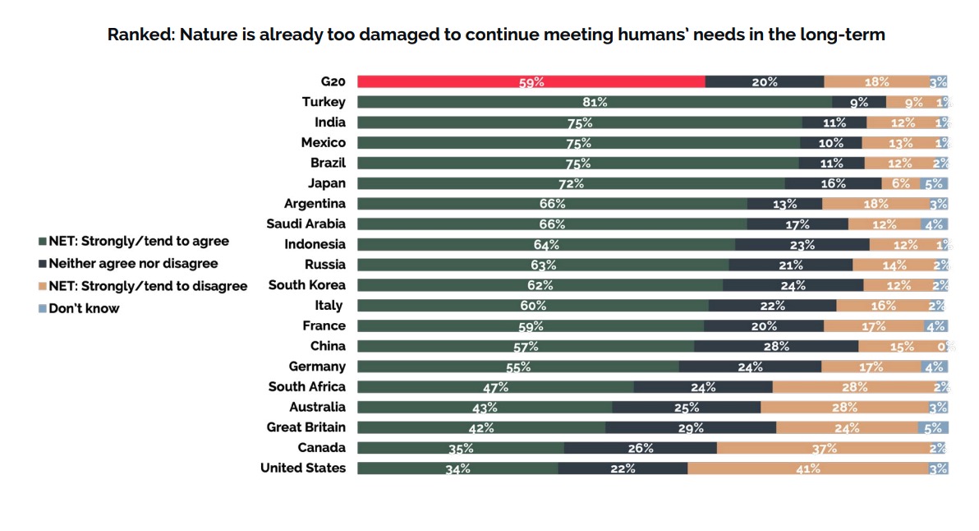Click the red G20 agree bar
tap(531, 81)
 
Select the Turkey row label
tap(324, 102)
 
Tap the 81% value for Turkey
tap(595, 102)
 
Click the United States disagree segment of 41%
tap(808, 469)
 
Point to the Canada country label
tap(322, 448)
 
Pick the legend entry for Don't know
tap(84, 309)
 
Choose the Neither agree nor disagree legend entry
tap(133, 264)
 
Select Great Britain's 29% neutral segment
tap(691, 427)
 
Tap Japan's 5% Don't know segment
tap(935, 183)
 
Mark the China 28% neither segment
tap(775, 346)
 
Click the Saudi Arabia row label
tap(306, 224)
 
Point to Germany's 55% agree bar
tap(518, 367)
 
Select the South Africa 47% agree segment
tap(495, 387)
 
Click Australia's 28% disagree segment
tap(844, 407)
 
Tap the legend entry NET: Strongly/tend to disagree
tap(148, 286)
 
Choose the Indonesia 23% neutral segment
tap(802, 244)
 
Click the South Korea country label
tap(307, 285)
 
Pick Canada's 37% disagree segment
tap(824, 448)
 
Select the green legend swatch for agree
tap(43, 242)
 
